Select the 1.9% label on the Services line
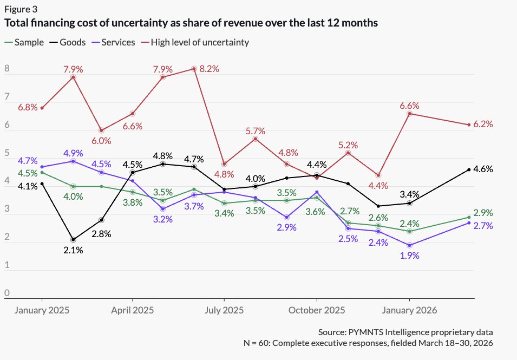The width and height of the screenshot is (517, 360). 409,256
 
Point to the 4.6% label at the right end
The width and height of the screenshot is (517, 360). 482,169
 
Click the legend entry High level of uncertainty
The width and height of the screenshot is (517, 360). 200,42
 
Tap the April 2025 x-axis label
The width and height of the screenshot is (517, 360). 133,311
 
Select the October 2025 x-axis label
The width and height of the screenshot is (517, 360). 317,311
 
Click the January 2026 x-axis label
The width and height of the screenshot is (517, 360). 409,311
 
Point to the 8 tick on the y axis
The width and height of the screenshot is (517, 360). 7,69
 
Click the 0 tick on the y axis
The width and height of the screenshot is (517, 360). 7,293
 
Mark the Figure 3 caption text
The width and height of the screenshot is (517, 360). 21,9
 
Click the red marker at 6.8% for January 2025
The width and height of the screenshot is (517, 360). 42,108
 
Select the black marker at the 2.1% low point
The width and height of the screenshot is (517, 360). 73,239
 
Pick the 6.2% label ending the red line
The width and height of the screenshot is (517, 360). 482,124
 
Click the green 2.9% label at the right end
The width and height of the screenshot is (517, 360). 482,213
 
